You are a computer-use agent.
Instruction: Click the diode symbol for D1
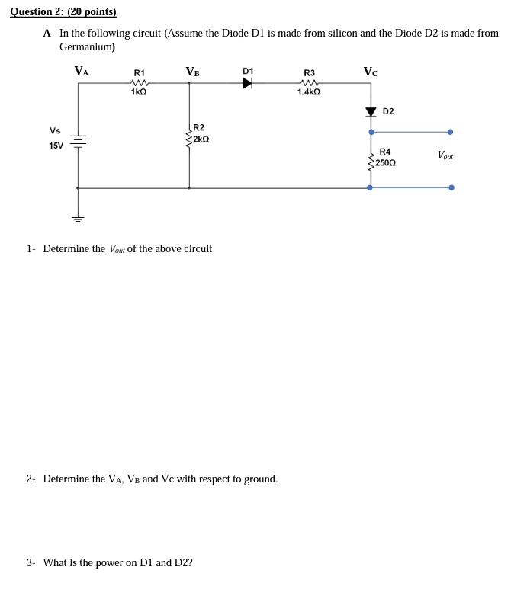click(248, 83)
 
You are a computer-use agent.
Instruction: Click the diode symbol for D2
click(371, 112)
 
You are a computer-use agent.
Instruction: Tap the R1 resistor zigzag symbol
click(139, 82)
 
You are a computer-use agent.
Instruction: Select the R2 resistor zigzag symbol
click(188, 139)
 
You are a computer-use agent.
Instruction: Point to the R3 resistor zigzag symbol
click(309, 82)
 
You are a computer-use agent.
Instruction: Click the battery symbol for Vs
click(78, 141)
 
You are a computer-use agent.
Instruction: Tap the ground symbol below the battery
click(78, 219)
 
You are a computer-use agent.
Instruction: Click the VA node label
click(81, 71)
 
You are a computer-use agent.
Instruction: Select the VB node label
click(192, 72)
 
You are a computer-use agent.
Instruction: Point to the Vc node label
click(370, 72)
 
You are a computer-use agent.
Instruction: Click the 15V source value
click(56, 146)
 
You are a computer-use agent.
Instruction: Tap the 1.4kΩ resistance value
click(309, 92)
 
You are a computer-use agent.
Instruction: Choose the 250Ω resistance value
click(385, 163)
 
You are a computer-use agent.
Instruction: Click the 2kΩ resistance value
click(201, 139)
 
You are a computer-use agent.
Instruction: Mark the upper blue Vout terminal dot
click(450, 132)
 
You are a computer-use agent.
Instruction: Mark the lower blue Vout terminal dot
click(451, 187)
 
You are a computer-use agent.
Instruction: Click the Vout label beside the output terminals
click(445, 155)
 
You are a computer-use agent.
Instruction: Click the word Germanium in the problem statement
click(86, 46)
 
